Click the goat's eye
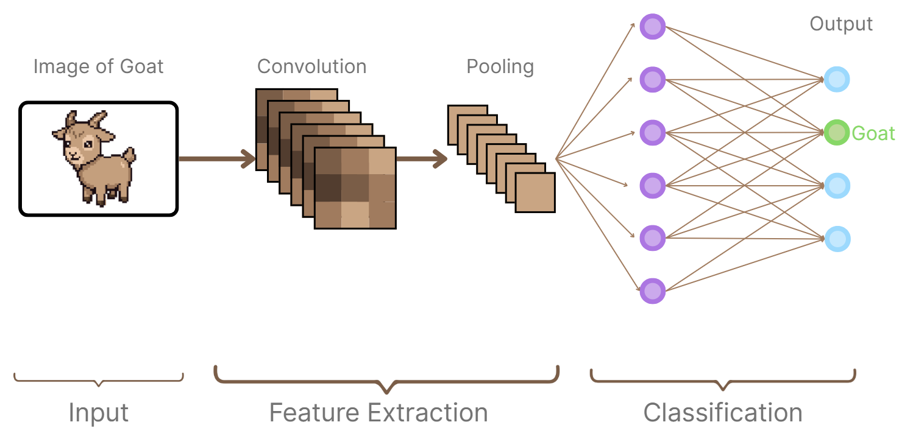point(88,144)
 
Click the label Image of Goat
point(99,66)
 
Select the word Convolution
point(311,66)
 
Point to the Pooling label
point(500,66)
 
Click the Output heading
point(841,24)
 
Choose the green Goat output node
point(837,133)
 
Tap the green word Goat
point(873,133)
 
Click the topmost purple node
point(652,27)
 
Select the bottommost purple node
point(652,290)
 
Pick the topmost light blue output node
point(837,79)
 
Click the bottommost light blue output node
point(837,238)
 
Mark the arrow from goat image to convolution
point(216,160)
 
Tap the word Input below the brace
point(99,413)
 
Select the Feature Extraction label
point(378,413)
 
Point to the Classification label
point(723,413)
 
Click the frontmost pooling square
point(535,192)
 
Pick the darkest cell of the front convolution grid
point(328,188)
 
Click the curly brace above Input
point(99,381)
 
